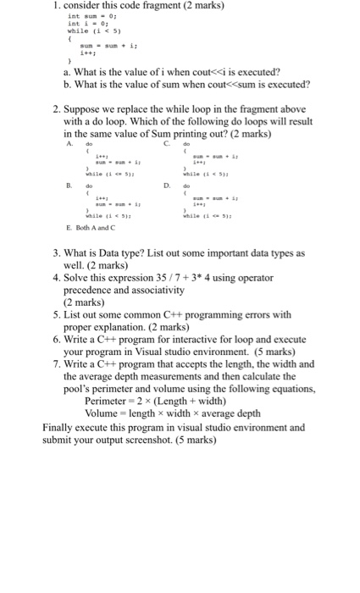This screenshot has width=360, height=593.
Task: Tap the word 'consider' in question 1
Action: (75, 6)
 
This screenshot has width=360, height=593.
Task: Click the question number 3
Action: (56, 253)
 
